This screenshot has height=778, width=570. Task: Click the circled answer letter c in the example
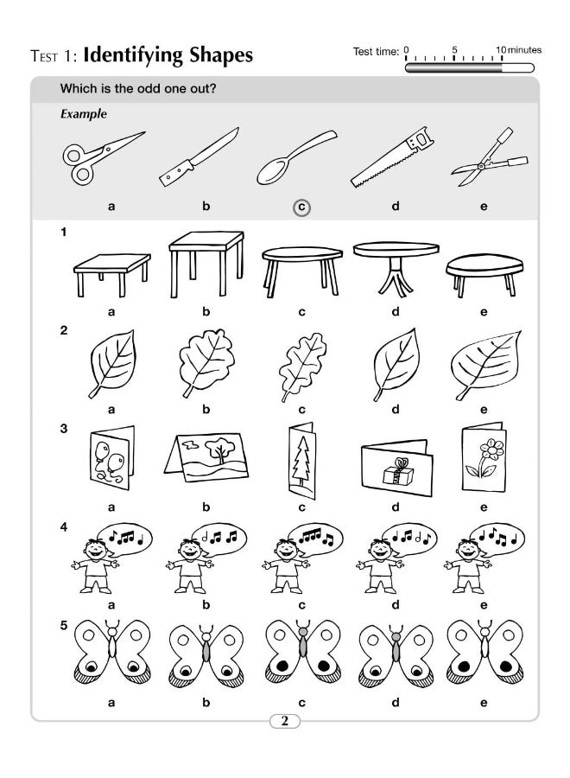coord(301,207)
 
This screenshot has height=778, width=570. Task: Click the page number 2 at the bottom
coord(285,722)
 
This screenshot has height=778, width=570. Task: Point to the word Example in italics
coord(83,113)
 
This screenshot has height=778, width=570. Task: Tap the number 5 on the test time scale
coord(454,48)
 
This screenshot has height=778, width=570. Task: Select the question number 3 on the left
coord(63,426)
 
